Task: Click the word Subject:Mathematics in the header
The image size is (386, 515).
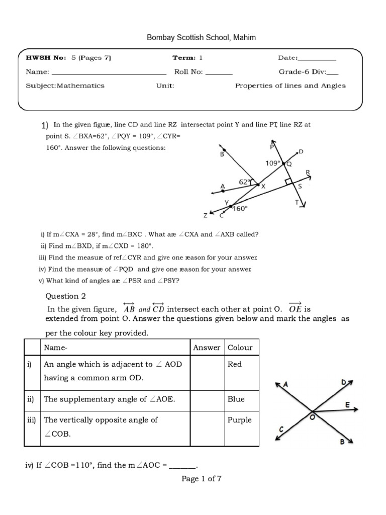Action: point(65,85)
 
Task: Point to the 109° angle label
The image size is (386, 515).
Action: point(273,163)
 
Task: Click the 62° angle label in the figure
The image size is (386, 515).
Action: point(245,182)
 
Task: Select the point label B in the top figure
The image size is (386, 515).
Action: point(222,155)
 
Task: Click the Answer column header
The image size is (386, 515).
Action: point(207,348)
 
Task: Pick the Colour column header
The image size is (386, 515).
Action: point(240,348)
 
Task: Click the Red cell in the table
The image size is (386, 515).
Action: point(235,364)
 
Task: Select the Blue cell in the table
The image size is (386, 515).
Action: point(236,399)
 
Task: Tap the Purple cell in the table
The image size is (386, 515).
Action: point(239,420)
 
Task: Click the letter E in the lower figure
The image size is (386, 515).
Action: point(347,404)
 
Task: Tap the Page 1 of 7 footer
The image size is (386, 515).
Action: point(202,479)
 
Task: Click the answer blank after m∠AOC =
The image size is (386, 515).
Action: point(181,466)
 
